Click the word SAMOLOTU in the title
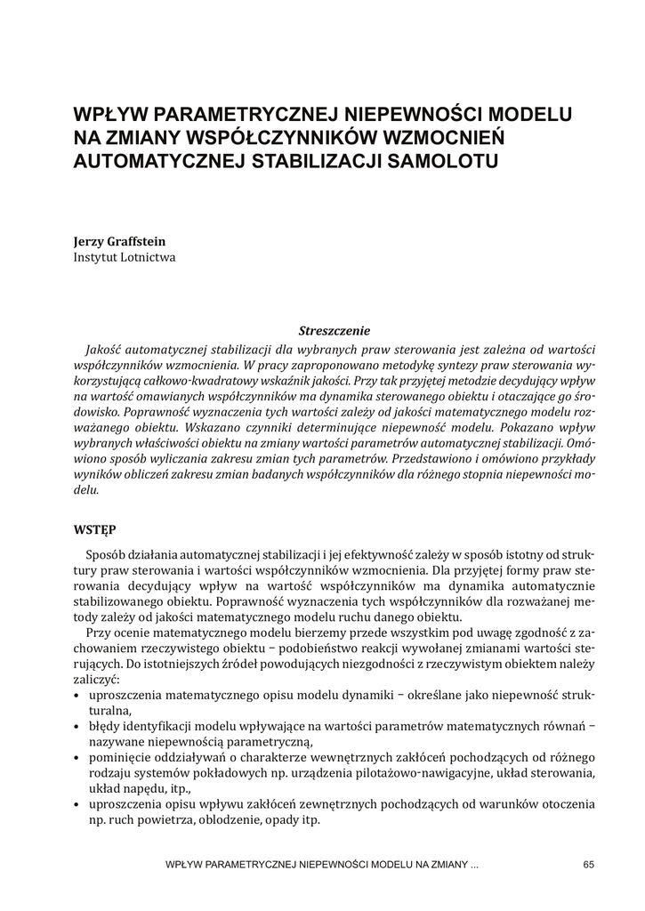(426, 162)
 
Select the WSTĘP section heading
(94, 528)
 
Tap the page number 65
(588, 865)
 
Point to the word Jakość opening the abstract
(105, 348)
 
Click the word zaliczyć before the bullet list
(100, 676)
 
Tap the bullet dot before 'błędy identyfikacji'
(78, 726)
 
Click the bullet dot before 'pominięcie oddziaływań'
(78, 756)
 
